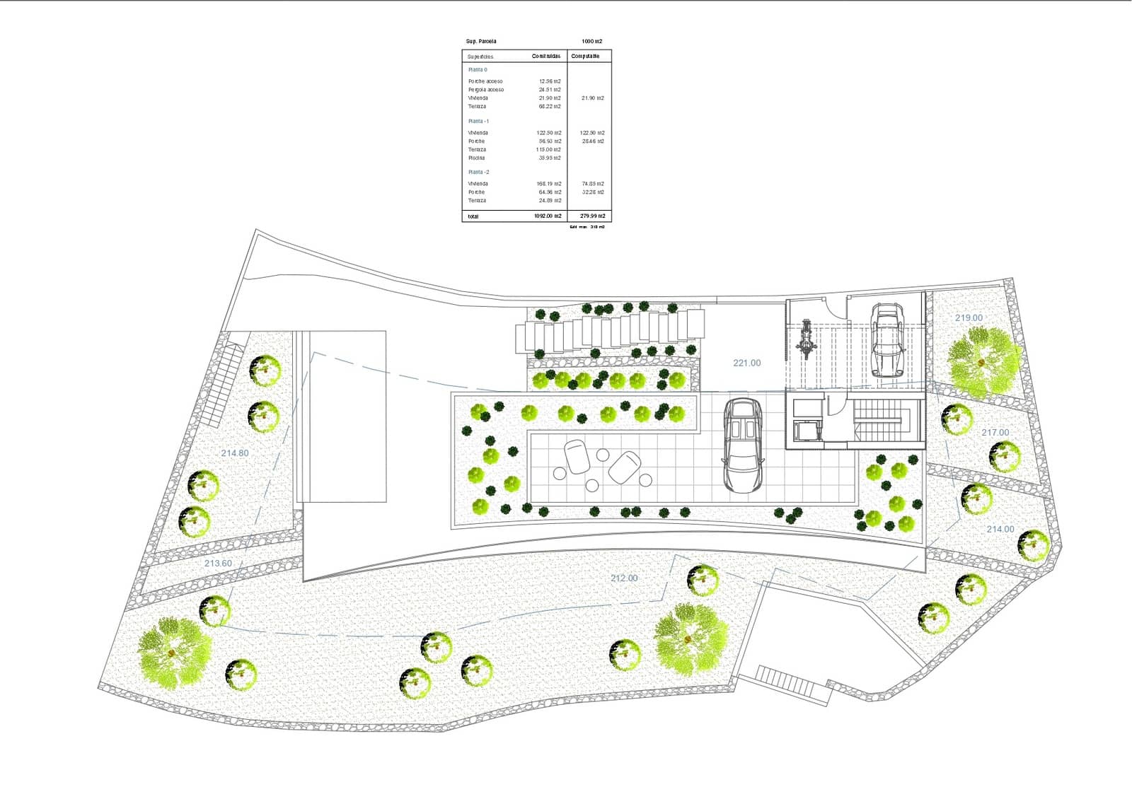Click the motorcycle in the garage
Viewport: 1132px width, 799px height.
[x=805, y=340]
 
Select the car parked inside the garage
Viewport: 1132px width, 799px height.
[x=886, y=339]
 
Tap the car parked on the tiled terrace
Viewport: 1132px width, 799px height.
[x=743, y=446]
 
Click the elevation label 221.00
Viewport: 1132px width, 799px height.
[x=746, y=363]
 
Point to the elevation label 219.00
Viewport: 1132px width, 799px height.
[x=969, y=318]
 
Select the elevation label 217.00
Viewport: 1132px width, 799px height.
[x=995, y=433]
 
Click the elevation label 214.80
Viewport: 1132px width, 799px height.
[x=234, y=453]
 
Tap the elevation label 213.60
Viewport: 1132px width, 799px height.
[x=218, y=564]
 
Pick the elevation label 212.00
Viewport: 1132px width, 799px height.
[x=624, y=578]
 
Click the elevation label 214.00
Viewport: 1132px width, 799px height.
[x=1000, y=529]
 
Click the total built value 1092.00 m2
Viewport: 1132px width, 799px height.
[x=548, y=216]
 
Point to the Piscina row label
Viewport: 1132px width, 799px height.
[x=476, y=158]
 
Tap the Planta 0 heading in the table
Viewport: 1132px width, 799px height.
[x=478, y=70]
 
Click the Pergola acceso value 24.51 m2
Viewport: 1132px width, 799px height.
[x=550, y=90]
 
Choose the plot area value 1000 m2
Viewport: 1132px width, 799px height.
[x=591, y=42]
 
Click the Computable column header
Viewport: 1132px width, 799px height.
[x=585, y=56]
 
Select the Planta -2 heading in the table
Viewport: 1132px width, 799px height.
[x=478, y=172]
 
